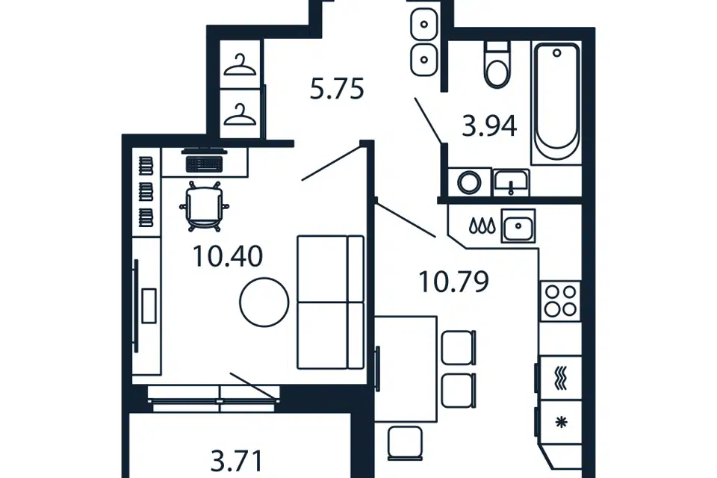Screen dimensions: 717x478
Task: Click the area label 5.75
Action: click(337, 89)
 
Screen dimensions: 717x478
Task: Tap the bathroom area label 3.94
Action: click(489, 126)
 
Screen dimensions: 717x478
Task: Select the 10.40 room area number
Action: click(228, 256)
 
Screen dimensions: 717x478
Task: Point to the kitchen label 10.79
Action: click(453, 282)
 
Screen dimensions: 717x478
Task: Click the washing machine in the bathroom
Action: click(470, 183)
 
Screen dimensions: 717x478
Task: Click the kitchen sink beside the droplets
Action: click(518, 226)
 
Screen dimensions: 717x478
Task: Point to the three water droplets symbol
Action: click(482, 226)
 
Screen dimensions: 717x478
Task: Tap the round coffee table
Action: click(264, 302)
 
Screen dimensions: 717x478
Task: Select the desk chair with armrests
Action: click(205, 206)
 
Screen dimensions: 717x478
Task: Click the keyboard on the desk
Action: click(205, 164)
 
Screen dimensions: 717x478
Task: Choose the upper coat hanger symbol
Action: click(240, 65)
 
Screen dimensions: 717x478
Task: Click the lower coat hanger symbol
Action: click(240, 114)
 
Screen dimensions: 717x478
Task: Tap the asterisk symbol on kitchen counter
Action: click(561, 422)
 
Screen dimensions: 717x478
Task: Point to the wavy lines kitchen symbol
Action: click(561, 378)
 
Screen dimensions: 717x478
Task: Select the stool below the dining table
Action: click(405, 443)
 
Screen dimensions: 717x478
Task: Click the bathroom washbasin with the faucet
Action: click(511, 183)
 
